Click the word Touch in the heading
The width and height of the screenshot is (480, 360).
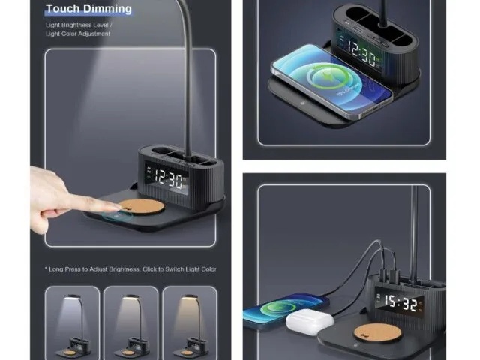coord(63,8)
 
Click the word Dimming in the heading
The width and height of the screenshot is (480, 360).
coord(107,9)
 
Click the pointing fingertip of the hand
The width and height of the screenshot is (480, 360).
coord(117,208)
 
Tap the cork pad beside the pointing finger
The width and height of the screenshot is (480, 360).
coord(142,207)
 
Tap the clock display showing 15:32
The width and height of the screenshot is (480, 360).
coord(400,302)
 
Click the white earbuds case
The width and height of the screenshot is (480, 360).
coord(310,321)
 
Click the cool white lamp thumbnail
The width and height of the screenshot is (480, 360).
coord(72,323)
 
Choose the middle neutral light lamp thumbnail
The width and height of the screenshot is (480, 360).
coord(131,323)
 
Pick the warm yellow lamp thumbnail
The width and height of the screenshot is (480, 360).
coord(190,323)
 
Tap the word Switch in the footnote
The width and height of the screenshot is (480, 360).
coord(175,269)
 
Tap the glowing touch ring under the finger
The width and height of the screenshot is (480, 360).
coord(117,216)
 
